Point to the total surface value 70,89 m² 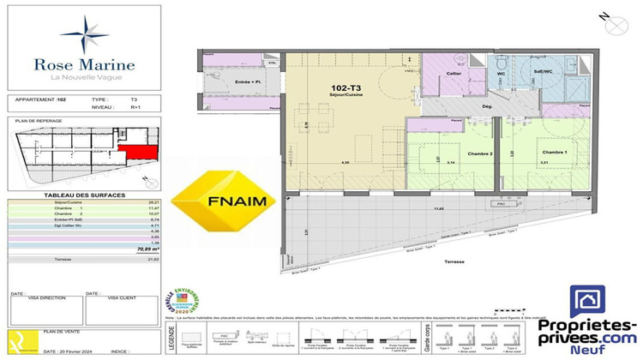(x=136, y=249)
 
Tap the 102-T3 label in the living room (x=344, y=87)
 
